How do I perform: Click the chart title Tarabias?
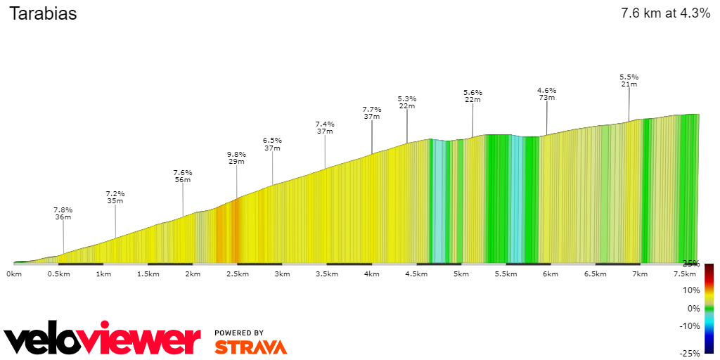coord(43,13)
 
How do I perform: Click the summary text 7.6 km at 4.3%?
coord(665,13)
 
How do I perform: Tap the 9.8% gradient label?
coord(236,154)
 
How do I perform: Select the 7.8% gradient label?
coord(63,210)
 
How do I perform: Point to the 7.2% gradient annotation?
coord(115,193)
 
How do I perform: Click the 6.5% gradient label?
coord(272,140)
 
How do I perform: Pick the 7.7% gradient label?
coord(372,109)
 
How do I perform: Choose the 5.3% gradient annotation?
coord(407,98)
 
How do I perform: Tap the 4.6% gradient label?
coord(547,90)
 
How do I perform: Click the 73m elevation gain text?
coord(547,98)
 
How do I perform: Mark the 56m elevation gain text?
coord(183,180)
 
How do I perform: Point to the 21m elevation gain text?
coord(629,84)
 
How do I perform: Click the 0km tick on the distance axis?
coord(14,274)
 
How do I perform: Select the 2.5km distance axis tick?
coord(237,274)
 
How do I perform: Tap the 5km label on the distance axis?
coord(461,274)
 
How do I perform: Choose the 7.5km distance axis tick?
coord(685,274)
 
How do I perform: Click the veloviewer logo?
coord(102,340)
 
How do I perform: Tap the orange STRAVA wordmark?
coord(250,347)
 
